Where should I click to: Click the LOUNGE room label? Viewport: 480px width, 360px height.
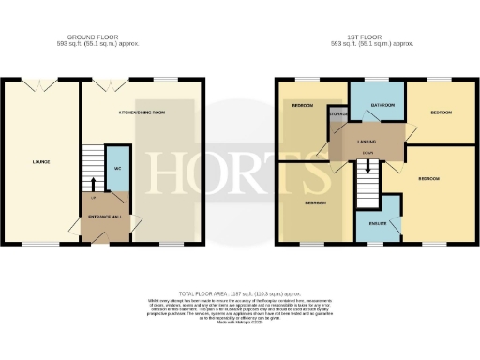point(40,161)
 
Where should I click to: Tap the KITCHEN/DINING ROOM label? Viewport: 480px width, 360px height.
point(142,112)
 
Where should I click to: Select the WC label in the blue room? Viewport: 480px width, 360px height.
point(118,168)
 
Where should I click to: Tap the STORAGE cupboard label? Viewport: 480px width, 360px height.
point(338,114)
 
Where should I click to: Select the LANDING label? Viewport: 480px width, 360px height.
point(367,142)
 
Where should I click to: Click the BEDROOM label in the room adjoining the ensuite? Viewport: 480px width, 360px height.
point(430,178)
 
